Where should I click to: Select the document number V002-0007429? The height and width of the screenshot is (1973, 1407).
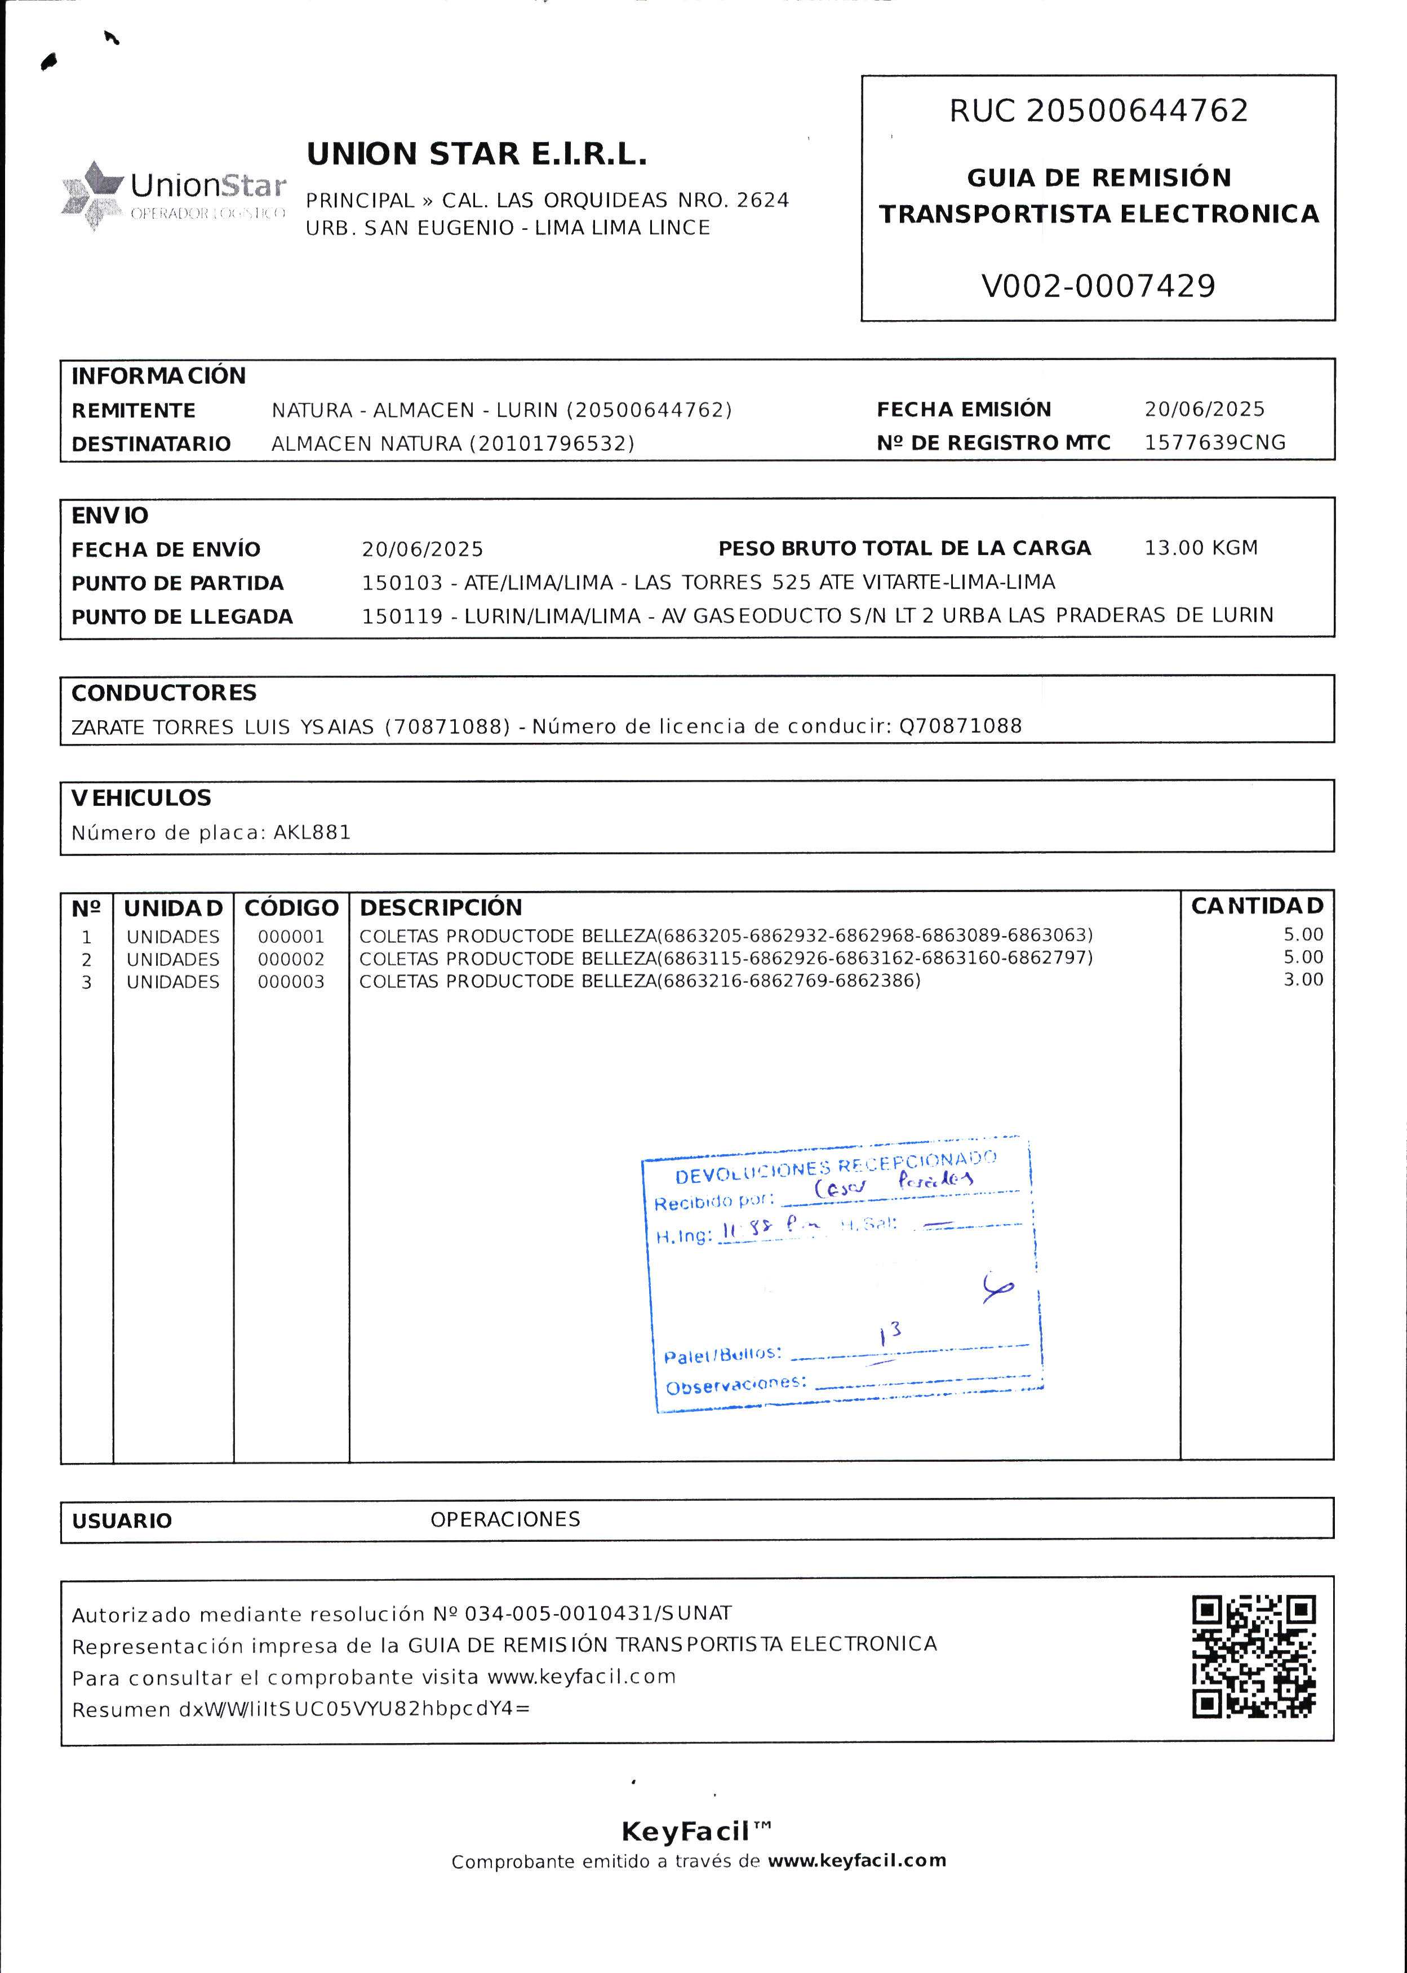pyautogui.click(x=1098, y=286)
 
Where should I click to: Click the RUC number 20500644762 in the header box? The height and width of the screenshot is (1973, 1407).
pyautogui.click(x=1137, y=111)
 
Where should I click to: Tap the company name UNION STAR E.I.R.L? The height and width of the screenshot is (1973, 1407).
pyautogui.click(x=477, y=154)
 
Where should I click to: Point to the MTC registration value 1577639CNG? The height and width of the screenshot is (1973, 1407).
pyautogui.click(x=1215, y=443)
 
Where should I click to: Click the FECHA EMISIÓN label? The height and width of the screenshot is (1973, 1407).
pyautogui.click(x=964, y=409)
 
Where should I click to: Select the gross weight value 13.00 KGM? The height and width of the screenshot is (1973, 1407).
pyautogui.click(x=1201, y=548)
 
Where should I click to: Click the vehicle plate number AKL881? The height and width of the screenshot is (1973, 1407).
pyautogui.click(x=312, y=833)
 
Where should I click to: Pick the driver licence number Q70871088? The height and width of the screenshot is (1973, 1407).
pyautogui.click(x=960, y=726)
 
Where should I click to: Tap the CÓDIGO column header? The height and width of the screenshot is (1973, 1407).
pyautogui.click(x=291, y=908)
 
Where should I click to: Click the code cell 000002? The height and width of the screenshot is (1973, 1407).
pyautogui.click(x=291, y=959)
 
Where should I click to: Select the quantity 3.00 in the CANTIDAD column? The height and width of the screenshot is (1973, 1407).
pyautogui.click(x=1303, y=980)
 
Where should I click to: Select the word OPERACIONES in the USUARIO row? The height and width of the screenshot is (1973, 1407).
pyautogui.click(x=505, y=1519)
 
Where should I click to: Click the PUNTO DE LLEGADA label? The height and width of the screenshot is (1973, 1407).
pyautogui.click(x=182, y=617)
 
